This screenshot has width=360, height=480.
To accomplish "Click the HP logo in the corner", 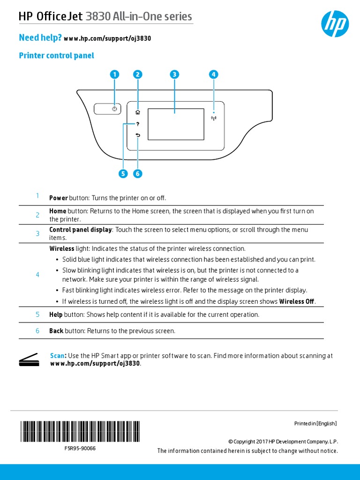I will click(x=335, y=24).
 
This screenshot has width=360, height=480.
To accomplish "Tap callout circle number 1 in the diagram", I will click(x=114, y=75).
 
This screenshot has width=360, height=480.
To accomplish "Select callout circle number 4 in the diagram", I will click(x=214, y=75).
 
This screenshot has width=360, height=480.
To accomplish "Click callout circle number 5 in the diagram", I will click(x=123, y=174).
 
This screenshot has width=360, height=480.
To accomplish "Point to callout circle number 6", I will click(x=137, y=174).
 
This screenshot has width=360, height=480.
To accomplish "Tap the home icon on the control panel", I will click(x=137, y=112).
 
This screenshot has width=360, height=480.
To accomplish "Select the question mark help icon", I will click(x=137, y=124).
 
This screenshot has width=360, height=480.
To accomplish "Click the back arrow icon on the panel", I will click(x=137, y=135).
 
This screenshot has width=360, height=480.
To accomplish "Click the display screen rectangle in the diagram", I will click(x=176, y=124).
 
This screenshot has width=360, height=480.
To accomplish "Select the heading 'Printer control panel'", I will click(x=56, y=56).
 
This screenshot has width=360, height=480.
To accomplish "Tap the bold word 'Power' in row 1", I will click(x=59, y=198).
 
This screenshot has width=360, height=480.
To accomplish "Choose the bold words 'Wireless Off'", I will click(x=296, y=301).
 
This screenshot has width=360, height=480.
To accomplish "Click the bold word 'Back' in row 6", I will click(x=56, y=331).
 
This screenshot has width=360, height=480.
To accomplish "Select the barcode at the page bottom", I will click(x=80, y=432).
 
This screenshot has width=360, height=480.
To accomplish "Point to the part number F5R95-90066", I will click(x=80, y=448).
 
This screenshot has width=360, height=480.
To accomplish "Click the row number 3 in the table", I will click(x=37, y=233).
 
